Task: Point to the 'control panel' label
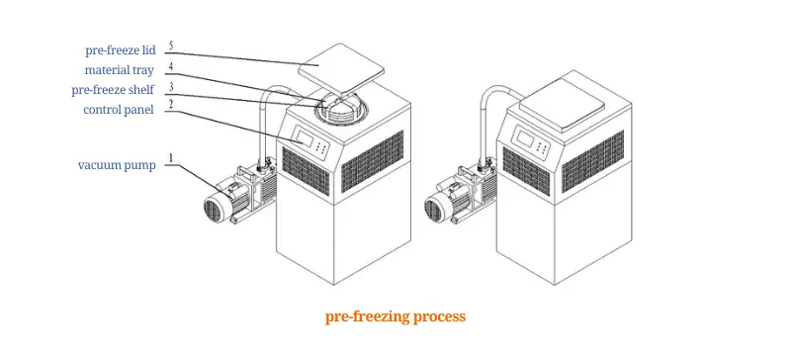coord(118,110)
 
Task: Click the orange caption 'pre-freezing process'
coord(395,317)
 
